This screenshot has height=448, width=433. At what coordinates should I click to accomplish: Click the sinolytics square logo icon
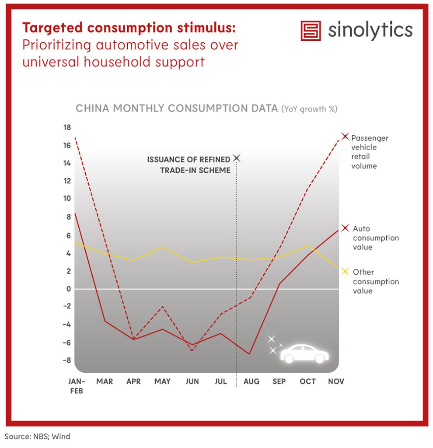(311, 31)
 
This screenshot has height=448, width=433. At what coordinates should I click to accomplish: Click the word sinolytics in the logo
(370, 30)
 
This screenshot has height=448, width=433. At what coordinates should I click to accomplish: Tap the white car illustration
(304, 353)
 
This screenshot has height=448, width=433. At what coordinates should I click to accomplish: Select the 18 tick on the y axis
(66, 128)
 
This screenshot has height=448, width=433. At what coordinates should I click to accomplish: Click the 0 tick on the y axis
(69, 289)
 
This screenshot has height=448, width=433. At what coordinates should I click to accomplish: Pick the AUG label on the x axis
(251, 381)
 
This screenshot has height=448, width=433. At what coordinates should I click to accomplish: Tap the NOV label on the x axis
(336, 381)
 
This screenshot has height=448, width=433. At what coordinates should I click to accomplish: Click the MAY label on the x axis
(162, 381)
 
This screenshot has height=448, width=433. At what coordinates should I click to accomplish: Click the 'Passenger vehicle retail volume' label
(370, 152)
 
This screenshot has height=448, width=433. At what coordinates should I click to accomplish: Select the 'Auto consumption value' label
(376, 238)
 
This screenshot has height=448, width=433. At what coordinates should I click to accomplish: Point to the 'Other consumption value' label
(376, 281)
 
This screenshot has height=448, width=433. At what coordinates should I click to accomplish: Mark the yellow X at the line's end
(345, 272)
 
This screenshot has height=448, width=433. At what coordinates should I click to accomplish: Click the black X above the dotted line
(237, 157)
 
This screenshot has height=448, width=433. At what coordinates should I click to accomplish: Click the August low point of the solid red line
(249, 353)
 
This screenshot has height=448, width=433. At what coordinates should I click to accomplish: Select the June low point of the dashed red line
(192, 350)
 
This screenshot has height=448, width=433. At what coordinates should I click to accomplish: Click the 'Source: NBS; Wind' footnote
(38, 436)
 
